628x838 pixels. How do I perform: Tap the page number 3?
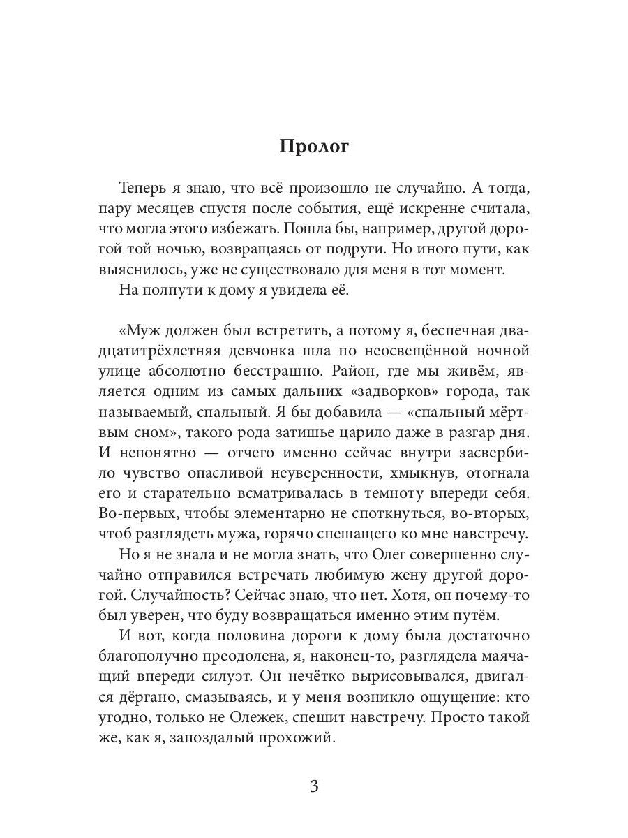313,786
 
